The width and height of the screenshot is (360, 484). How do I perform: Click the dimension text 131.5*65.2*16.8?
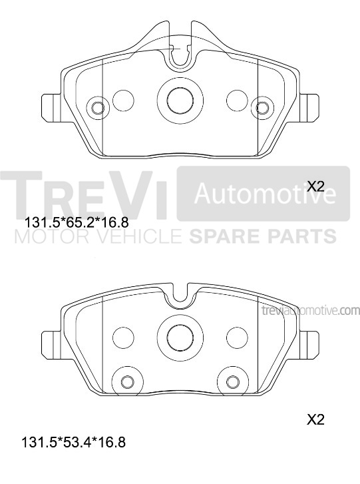point(77,222)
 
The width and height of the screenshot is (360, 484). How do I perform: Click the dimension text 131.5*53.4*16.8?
point(73,443)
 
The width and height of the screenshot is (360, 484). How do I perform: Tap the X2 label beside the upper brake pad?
point(315,186)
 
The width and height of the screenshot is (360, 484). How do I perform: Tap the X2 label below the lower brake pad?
point(315,419)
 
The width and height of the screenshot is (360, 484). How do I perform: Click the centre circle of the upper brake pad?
point(180,101)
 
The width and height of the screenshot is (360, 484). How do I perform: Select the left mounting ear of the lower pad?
point(51,346)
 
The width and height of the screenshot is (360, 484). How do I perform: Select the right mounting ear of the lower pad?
point(309,346)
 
